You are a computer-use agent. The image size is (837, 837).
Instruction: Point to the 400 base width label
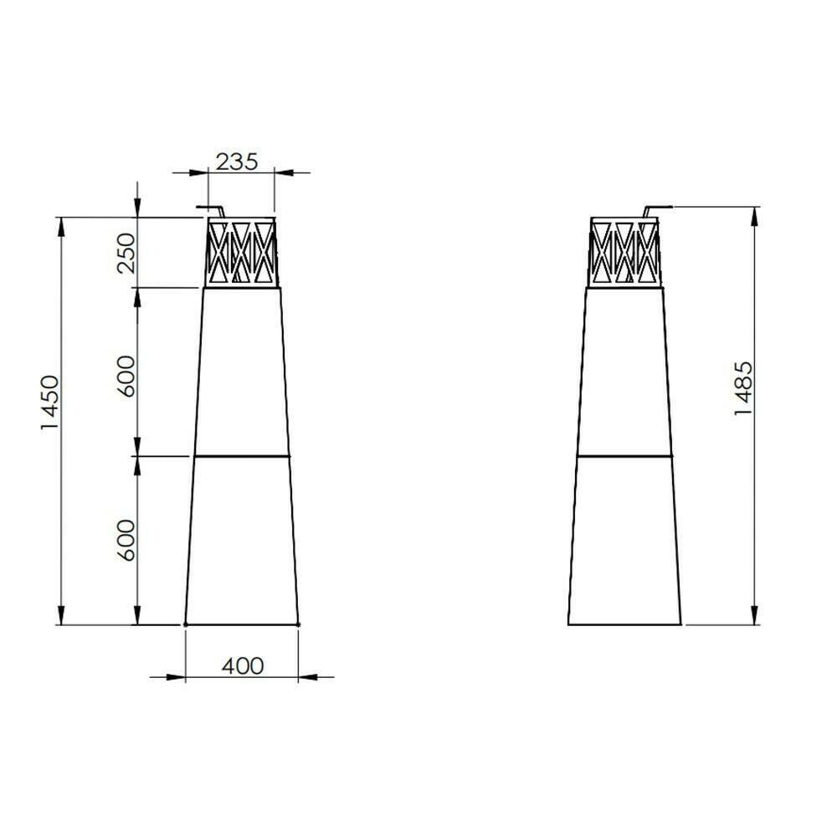(243, 666)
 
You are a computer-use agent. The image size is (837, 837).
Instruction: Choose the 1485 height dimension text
(744, 390)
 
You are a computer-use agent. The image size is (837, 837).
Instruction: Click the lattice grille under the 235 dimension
(241, 251)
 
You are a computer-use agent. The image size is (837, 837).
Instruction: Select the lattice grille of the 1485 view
(624, 251)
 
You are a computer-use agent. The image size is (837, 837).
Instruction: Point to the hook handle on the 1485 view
(658, 208)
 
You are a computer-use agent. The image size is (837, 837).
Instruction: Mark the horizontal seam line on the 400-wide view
(242, 456)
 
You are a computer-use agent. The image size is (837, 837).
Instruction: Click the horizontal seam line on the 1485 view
(624, 455)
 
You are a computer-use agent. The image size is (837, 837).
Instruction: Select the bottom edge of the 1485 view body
(624, 624)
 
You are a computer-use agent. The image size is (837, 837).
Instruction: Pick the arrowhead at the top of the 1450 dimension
(61, 225)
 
